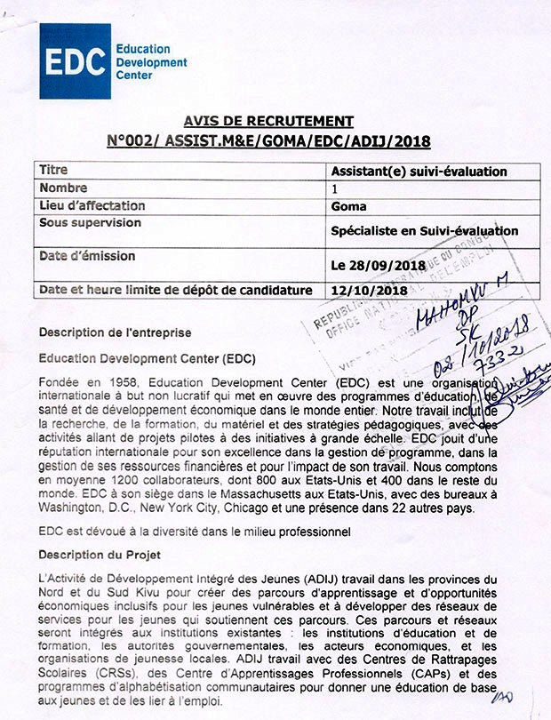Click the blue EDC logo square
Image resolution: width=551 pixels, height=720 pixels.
(x=76, y=60)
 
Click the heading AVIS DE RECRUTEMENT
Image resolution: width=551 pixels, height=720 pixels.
(x=268, y=122)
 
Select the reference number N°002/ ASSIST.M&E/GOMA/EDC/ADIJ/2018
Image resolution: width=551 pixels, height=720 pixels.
(x=268, y=140)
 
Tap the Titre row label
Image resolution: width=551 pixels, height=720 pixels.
(x=53, y=170)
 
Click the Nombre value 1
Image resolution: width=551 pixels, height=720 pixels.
(x=334, y=189)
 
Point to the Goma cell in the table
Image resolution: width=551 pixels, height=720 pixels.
(x=347, y=207)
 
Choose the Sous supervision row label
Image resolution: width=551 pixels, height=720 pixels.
(x=91, y=223)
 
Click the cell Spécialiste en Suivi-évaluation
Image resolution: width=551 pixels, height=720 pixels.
(x=424, y=231)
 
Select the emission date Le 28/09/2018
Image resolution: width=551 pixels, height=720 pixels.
(x=379, y=265)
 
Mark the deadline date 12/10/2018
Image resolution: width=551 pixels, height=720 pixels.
(x=364, y=291)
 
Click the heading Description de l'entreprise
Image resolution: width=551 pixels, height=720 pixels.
(x=115, y=332)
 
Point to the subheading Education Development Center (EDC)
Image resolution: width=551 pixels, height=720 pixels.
(x=147, y=359)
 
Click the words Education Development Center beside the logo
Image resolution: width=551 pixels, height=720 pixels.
(x=152, y=64)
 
